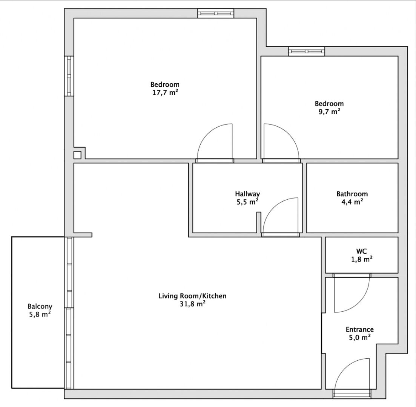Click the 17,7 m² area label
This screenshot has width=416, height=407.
coord(165,92)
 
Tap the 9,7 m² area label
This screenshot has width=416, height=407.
coord(329,112)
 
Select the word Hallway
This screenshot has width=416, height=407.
coord(247,194)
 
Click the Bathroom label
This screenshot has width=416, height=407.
coord(352,194)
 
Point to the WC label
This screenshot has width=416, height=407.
coord(362,251)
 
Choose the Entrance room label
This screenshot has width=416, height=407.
coord(359,330)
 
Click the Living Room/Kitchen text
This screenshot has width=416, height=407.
coord(193,296)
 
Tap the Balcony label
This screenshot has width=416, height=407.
coord(40,306)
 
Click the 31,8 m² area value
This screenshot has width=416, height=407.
coord(193,304)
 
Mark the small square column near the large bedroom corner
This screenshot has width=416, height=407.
coord(77,155)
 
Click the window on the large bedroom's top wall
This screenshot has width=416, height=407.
coord(216,13)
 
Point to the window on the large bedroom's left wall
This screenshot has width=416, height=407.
coord(69,76)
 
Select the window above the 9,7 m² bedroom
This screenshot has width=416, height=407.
coord(306,51)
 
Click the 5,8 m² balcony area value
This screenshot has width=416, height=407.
coord(40,314)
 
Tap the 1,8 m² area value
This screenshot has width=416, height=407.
coord(362,259)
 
